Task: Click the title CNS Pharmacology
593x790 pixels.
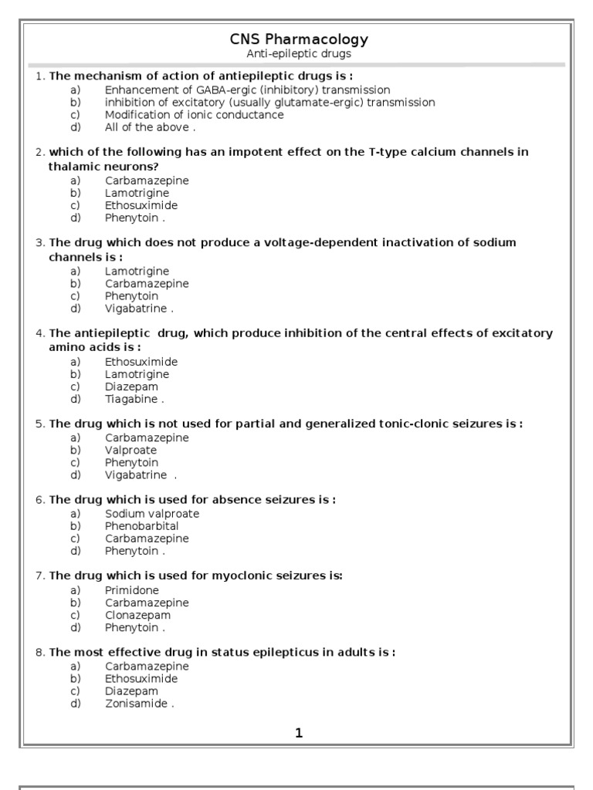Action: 299,39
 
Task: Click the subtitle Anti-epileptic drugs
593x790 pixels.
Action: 298,54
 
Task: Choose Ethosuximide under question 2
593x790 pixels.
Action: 141,206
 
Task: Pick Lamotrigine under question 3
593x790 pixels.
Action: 137,272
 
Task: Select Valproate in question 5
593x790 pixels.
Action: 130,451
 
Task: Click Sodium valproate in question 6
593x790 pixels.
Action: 152,514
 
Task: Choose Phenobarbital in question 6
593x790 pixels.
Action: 142,526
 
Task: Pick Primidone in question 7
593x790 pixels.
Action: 130,590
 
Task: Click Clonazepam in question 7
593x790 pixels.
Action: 138,616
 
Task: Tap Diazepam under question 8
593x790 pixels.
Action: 131,691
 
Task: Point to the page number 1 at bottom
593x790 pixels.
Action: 299,734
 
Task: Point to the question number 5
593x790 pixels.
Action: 39,424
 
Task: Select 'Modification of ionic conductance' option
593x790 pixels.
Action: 195,115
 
